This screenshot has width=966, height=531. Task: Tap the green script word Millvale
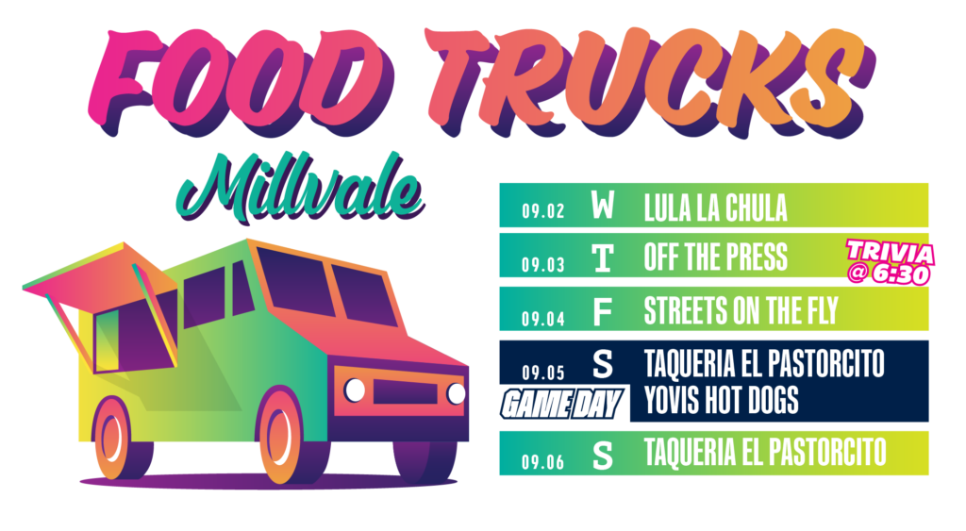click(x=301, y=188)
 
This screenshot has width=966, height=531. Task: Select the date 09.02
click(x=542, y=211)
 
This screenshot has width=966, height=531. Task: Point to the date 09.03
click(x=542, y=265)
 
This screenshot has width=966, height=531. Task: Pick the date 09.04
click(x=542, y=319)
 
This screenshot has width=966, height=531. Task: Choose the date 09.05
click(x=542, y=372)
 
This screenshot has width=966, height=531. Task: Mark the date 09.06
click(x=542, y=461)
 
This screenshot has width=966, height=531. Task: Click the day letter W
click(x=603, y=205)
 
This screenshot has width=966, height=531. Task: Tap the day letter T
click(x=603, y=258)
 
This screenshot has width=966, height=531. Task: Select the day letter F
click(x=602, y=312)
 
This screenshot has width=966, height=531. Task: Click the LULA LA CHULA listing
click(x=715, y=208)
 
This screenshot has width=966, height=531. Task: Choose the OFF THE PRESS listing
click(x=715, y=257)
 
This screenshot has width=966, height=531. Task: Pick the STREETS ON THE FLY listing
click(x=741, y=310)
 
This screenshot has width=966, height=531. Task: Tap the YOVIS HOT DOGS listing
click(x=721, y=400)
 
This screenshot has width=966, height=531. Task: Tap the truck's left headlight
click(x=355, y=390)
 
